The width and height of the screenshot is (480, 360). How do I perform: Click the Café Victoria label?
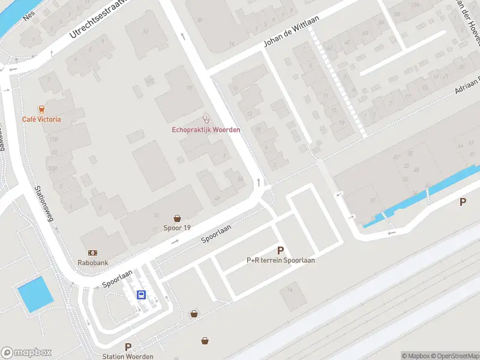coord(41,119)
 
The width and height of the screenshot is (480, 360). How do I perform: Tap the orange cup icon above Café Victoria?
coord(41,109)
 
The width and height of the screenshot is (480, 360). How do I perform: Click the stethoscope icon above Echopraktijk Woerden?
coord(206,120)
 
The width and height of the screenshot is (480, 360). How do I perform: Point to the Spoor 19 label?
coord(177,228)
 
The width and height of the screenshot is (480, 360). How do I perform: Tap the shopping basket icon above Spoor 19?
coord(178,218)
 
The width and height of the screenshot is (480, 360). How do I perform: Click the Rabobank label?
coord(93,262)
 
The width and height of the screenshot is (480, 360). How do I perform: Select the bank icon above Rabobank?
coord(93,253)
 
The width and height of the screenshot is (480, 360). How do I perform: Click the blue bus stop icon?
coord(142,295)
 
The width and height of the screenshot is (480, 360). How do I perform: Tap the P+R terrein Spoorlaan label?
coord(281,260)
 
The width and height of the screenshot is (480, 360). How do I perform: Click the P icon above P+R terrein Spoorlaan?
coord(280,250)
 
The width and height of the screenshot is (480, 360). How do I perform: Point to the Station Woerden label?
coord(127,356)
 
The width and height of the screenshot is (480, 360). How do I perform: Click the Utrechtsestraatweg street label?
coord(95,20)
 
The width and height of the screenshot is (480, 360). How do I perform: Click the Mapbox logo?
coord(26,353)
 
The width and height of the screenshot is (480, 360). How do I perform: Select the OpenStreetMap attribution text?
coord(451,356)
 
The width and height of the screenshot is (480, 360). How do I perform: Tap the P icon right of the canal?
coord(463,202)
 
